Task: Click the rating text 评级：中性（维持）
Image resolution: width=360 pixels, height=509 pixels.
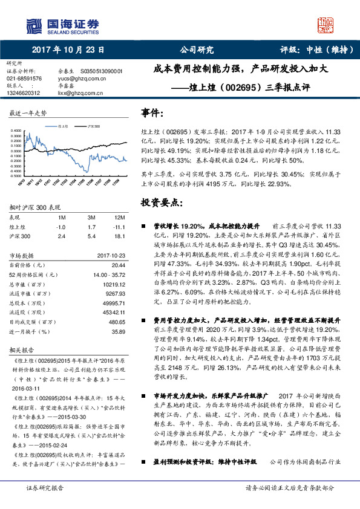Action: [x=312, y=50]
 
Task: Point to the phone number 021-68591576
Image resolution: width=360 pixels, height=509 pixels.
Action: [x=24, y=79]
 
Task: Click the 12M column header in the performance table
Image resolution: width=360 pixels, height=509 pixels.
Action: [x=119, y=217]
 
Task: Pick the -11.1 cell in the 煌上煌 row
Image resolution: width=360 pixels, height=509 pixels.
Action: [x=119, y=227]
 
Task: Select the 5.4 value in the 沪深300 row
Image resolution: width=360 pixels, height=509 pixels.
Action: [x=91, y=237]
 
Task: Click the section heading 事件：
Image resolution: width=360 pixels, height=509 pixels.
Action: [x=152, y=112]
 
